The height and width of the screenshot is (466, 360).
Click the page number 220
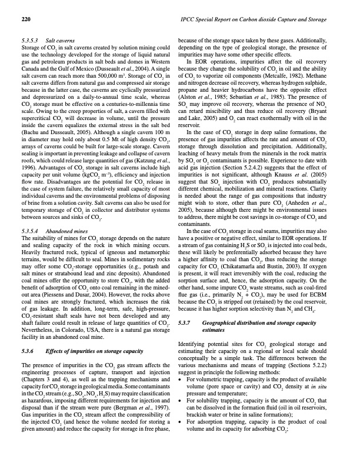(25, 20)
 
